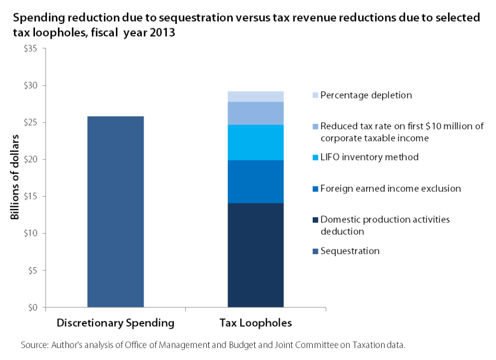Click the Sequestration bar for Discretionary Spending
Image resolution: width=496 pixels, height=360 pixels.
pos(115,211)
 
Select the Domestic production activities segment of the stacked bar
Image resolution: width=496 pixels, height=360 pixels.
pos(256,255)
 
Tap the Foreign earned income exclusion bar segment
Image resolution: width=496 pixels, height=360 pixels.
pos(256,182)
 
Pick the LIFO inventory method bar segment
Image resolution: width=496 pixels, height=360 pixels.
pos(256,142)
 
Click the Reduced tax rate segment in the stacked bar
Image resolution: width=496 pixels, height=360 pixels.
pos(256,113)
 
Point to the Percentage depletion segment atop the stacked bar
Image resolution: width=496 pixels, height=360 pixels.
pos(256,97)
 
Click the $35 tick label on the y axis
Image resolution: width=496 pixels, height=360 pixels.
pos(31,49)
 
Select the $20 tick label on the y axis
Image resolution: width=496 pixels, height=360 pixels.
pos(31,159)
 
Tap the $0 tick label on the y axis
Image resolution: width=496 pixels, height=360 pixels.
pos(33,307)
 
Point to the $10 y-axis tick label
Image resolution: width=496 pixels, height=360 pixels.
pos(31,233)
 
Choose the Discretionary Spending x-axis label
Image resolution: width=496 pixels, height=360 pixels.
pos(115,323)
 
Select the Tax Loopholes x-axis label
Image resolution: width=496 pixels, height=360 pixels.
pos(256,323)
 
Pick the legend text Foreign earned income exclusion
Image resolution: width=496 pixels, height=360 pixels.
pos(391,188)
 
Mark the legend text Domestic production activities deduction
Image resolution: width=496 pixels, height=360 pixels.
pos(385,225)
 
